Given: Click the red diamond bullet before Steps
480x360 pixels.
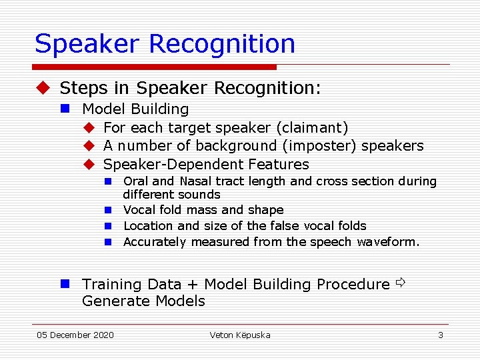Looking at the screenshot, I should point(43,88).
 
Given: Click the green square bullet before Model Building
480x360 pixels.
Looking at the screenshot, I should point(66,109).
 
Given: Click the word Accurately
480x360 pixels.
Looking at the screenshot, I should point(155,242).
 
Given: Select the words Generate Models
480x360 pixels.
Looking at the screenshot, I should point(143,301).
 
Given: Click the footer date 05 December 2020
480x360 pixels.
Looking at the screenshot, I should point(75,335).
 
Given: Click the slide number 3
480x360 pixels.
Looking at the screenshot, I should point(440,335).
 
